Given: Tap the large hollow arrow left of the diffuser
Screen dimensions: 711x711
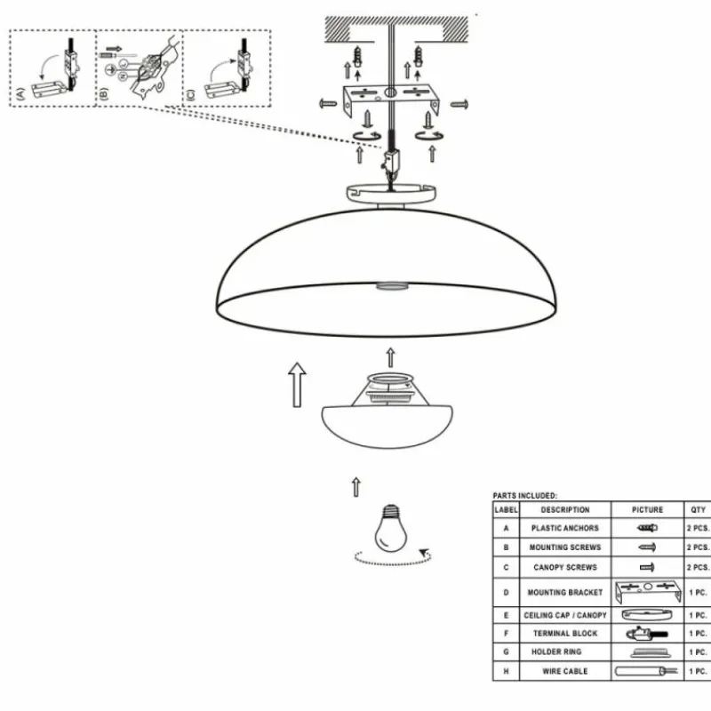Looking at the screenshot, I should click(298, 383).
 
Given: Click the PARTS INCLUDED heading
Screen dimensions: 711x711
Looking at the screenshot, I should click(525, 495).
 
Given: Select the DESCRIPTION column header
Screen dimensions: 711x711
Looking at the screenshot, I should click(564, 510).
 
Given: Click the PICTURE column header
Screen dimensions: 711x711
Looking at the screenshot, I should click(647, 510).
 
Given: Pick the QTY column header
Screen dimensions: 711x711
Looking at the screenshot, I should click(698, 510).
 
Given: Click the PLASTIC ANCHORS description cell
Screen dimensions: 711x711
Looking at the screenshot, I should click(564, 528).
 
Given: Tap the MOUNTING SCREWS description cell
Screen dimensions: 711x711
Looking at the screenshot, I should click(564, 547).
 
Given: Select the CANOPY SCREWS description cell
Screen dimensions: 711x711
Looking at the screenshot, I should click(564, 567).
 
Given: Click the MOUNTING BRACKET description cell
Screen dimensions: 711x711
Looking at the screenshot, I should click(564, 592).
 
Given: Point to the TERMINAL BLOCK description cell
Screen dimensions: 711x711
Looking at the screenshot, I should click(564, 634).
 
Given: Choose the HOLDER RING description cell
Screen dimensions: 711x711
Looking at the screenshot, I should click(564, 652).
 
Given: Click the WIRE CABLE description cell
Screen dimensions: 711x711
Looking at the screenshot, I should click(564, 672).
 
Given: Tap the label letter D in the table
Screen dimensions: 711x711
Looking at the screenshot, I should click(506, 592).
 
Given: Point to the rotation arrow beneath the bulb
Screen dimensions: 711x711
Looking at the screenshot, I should click(392, 558).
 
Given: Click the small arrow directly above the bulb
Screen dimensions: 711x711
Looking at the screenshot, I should click(356, 486).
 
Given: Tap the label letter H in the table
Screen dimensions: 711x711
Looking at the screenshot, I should click(506, 672).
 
